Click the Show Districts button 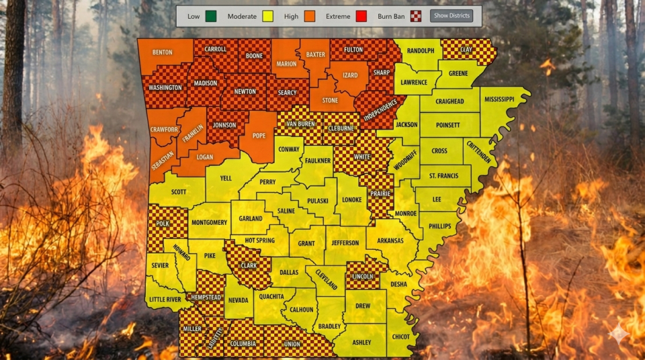point(451,15)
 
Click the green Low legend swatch point(213,16)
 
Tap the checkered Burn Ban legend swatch point(416,16)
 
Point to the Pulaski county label point(318,200)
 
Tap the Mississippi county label point(497,99)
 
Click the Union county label point(292,345)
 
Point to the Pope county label point(259,136)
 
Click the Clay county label point(466,50)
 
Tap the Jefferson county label point(345,242)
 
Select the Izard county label point(350,75)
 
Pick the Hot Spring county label point(259,240)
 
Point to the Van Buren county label point(300,124)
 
